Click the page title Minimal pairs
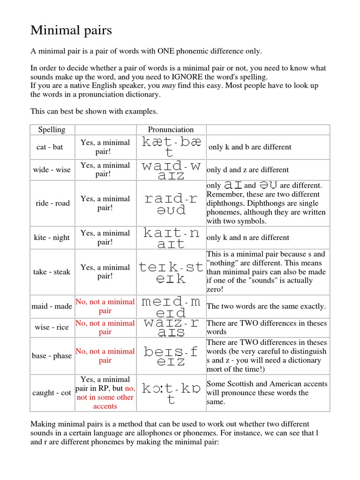point(71,30)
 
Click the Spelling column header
point(52,129)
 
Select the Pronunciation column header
point(171,129)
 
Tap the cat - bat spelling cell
point(50,147)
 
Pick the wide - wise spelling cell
point(52,170)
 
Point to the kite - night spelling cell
point(52,238)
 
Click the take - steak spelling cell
point(52,272)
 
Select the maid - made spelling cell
point(52,306)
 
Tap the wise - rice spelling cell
point(52,327)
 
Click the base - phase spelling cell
point(52,356)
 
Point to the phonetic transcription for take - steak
point(171,273)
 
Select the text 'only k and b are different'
point(250,147)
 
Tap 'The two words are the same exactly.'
point(266,306)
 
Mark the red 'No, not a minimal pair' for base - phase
point(105,356)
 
